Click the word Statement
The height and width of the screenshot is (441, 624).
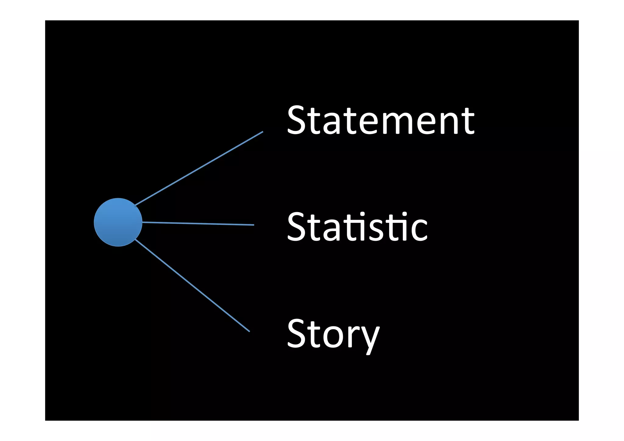click(381, 120)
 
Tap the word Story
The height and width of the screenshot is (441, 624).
click(333, 334)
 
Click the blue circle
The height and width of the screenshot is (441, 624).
click(118, 222)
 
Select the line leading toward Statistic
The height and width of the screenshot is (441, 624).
click(198, 224)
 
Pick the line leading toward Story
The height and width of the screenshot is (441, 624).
click(192, 286)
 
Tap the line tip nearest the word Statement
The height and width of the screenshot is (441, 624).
click(262, 132)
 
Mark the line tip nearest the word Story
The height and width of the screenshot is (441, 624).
click(249, 331)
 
